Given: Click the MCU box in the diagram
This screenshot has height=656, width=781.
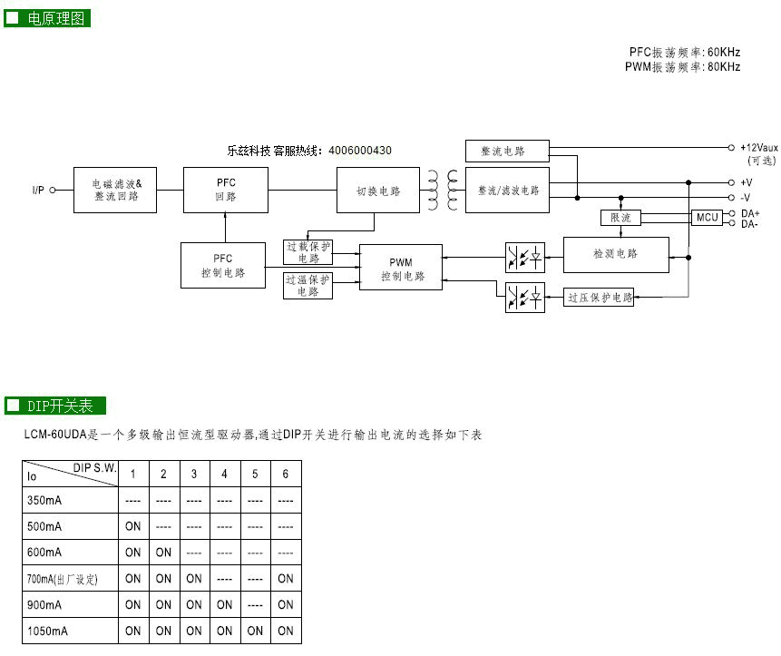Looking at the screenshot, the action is click(x=707, y=218).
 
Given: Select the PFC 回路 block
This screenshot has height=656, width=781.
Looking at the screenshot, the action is click(x=226, y=190).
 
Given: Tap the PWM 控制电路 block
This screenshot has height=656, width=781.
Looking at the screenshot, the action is click(x=400, y=267).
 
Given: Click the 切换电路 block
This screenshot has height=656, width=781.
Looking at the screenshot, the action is click(x=378, y=190).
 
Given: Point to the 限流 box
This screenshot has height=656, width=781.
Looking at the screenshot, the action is click(x=620, y=218).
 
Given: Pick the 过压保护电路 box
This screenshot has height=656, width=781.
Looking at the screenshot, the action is click(x=599, y=298).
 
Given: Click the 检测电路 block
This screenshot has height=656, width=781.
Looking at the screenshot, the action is click(x=616, y=255).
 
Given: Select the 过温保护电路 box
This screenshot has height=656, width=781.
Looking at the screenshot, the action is click(x=308, y=286).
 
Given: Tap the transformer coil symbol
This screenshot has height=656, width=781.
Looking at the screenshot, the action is click(x=443, y=190).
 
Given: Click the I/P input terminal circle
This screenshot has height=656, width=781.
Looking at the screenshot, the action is click(x=53, y=190).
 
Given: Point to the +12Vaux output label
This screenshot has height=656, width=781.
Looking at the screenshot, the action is click(x=758, y=147).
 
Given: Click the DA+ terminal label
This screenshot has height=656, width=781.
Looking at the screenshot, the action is click(x=750, y=213).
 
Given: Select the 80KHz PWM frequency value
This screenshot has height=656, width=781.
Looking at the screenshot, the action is click(x=724, y=67).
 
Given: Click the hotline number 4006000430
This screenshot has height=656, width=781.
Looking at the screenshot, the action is click(x=360, y=151).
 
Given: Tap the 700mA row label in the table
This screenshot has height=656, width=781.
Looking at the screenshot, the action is click(x=63, y=579).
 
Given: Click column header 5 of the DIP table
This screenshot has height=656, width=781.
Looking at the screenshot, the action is click(x=255, y=474).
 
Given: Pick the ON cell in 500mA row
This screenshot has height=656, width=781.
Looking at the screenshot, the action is click(x=133, y=526).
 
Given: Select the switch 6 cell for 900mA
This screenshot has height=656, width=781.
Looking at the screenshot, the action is click(x=286, y=604).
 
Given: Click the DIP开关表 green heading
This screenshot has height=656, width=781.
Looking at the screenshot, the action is click(x=55, y=406).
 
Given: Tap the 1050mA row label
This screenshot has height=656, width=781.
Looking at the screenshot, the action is click(x=47, y=632).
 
